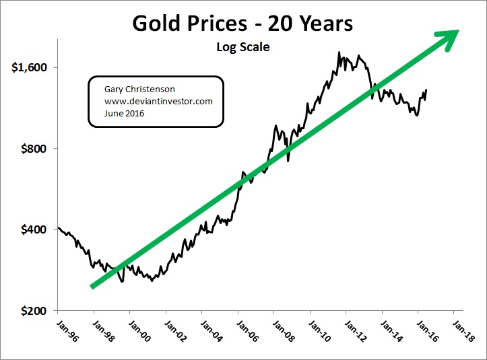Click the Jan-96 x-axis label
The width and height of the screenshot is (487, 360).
65,330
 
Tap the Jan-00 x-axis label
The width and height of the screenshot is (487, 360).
137,330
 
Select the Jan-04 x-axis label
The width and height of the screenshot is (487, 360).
209,330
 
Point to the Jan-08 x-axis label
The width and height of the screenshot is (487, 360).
282,330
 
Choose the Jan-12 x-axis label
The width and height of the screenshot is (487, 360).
354,330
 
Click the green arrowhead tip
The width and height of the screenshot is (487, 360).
459,31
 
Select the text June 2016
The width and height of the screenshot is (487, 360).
125,113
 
